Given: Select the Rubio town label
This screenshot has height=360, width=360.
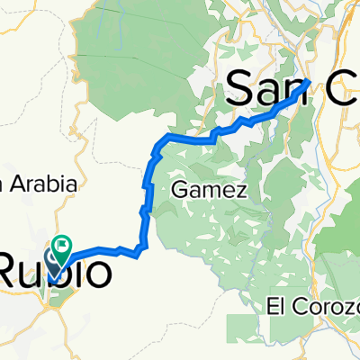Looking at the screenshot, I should click(56, 271).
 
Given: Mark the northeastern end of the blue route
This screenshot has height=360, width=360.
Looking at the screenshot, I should click(309, 81).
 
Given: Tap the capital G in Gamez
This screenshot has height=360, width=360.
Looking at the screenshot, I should click(176, 190).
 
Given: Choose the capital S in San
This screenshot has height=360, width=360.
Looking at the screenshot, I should click(236, 88).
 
